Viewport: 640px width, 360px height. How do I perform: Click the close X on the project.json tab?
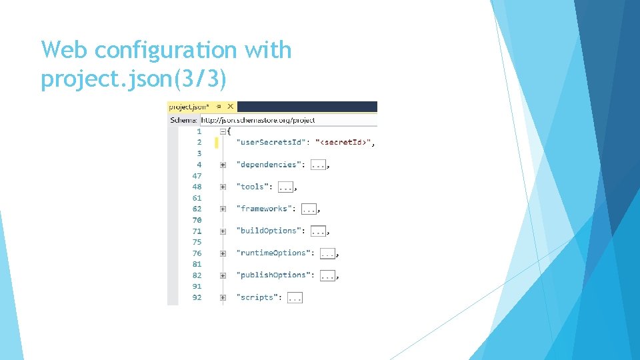231,106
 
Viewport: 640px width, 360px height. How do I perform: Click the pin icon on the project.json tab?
219,106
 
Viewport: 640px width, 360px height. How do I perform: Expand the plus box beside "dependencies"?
223,165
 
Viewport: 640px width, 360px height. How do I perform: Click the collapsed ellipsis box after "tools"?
285,187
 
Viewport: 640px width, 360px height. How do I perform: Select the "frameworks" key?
264,209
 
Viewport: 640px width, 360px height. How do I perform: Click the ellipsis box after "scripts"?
295,297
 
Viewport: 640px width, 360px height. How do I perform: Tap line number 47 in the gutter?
197,175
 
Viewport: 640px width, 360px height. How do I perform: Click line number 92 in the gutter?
197,297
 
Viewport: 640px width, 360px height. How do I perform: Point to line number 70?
197,219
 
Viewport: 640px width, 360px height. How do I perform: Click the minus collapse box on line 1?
223,131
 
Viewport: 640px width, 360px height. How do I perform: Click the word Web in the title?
65,50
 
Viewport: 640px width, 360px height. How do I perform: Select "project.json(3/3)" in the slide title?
134,79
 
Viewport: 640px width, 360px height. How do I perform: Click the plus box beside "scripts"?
223,297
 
